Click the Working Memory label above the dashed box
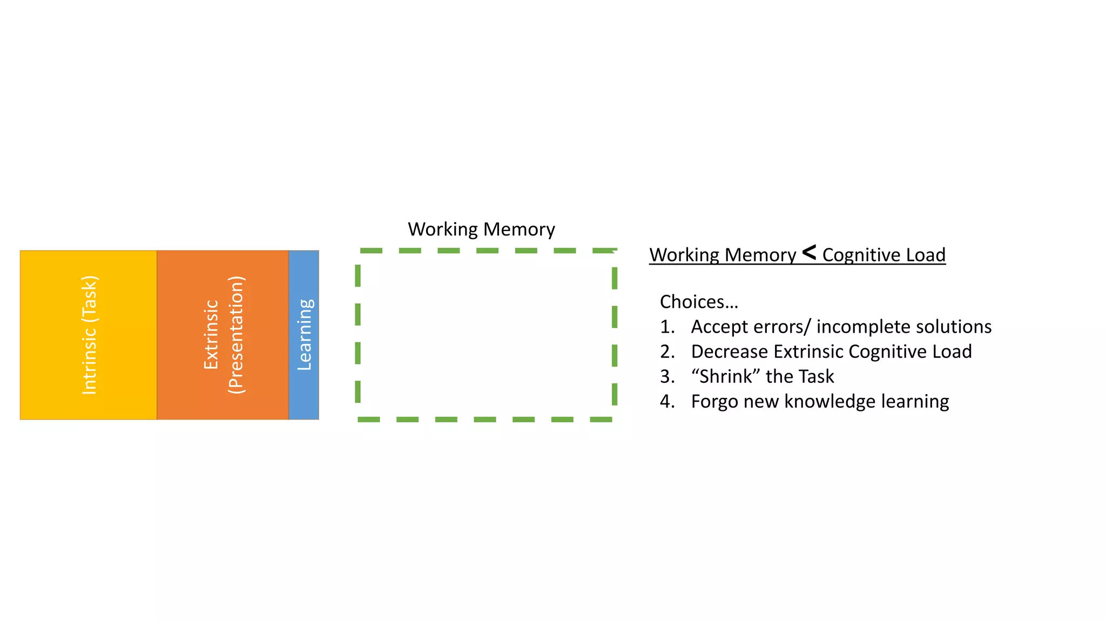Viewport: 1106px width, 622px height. (481, 229)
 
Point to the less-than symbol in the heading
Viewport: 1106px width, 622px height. (809, 252)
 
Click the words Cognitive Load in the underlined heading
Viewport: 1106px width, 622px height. (884, 255)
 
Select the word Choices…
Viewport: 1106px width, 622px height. (699, 302)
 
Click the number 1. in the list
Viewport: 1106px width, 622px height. (667, 327)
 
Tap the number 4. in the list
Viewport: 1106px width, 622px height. (667, 401)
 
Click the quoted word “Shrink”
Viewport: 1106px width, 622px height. (726, 376)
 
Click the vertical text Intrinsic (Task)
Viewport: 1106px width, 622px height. (89, 335)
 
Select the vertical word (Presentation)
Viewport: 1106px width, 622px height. (236, 335)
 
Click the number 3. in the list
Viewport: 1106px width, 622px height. (667, 376)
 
